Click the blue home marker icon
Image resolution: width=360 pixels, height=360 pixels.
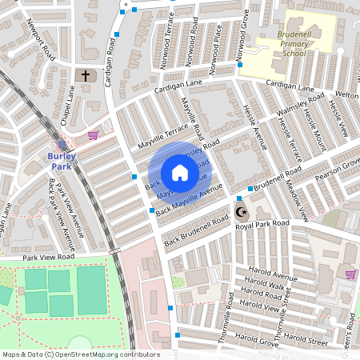tap(180, 173)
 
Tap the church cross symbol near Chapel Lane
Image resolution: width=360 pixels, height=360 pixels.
tap(86, 76)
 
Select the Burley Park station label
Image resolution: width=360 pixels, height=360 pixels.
tap(62, 161)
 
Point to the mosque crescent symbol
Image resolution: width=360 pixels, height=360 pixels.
tap(240, 212)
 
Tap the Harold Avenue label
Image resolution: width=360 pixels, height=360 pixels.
tap(273, 278)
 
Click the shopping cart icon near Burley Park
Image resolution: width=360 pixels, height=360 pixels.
tap(93, 135)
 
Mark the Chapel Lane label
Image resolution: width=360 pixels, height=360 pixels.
tap(66, 107)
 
